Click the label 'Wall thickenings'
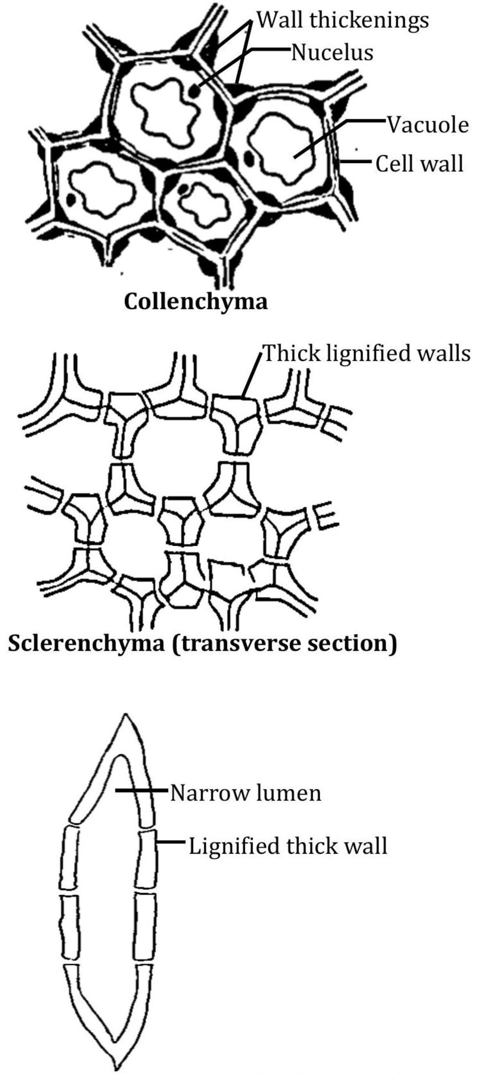pyautogui.click(x=342, y=20)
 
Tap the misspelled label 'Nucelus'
pyautogui.click(x=332, y=53)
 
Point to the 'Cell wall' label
pyautogui.click(x=419, y=163)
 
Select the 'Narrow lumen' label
pyautogui.click(x=245, y=793)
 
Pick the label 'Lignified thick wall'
pyautogui.click(x=288, y=846)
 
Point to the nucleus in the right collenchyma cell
pyautogui.click(x=249, y=158)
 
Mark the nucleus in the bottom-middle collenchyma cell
pyautogui.click(x=183, y=190)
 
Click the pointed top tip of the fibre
pyautogui.click(x=125, y=715)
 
